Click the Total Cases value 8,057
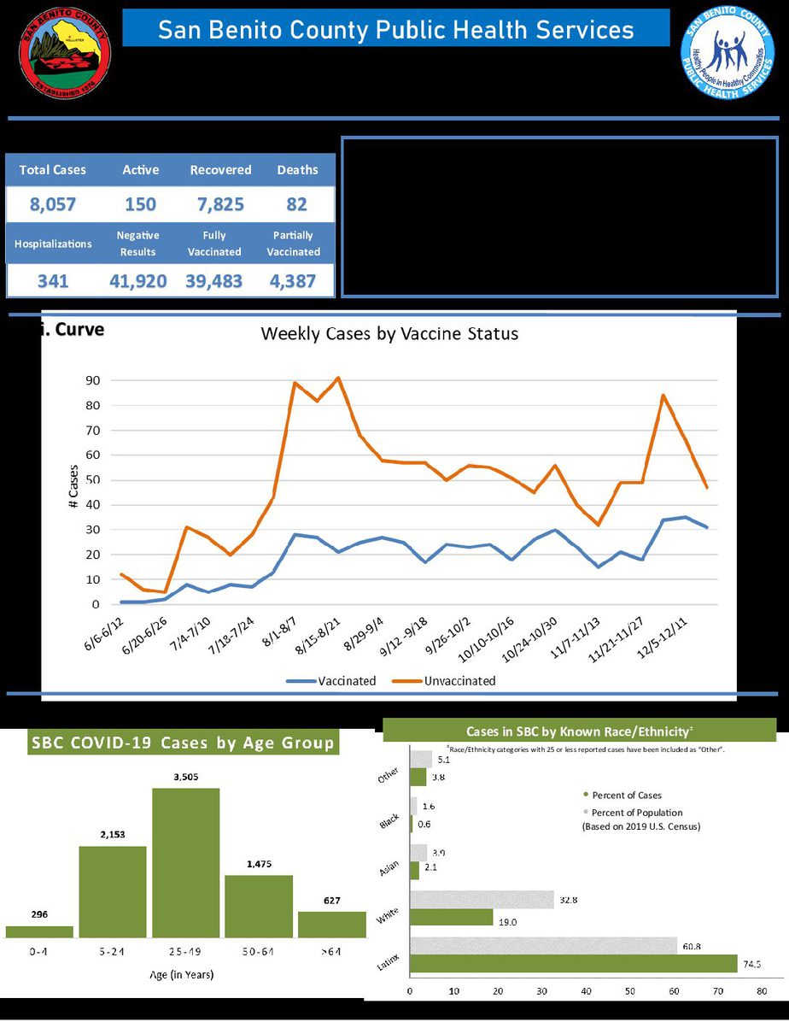point(53,205)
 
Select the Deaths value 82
point(297,205)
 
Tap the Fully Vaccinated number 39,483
point(214,280)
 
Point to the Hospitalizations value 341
point(52,280)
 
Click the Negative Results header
point(138,244)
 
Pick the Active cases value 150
point(140,205)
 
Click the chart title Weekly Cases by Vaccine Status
point(389,333)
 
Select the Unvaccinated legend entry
point(443,681)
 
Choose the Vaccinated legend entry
point(330,681)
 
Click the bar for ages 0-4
point(39,931)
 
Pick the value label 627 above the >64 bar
point(332,900)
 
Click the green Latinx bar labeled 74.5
point(573,963)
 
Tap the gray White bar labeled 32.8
point(482,899)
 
